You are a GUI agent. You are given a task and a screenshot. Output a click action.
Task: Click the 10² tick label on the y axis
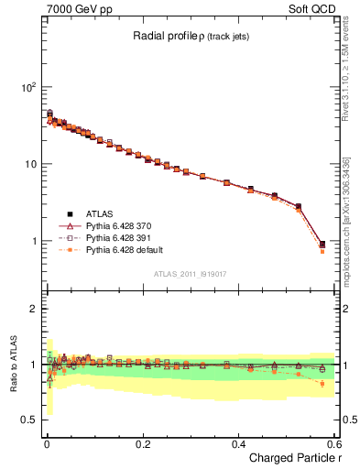[x=28, y=87]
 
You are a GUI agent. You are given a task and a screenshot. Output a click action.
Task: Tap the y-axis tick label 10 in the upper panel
[x=30, y=164]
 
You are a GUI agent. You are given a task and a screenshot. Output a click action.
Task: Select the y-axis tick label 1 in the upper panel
[x=33, y=242]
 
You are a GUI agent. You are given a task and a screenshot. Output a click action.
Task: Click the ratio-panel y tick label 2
[x=33, y=309]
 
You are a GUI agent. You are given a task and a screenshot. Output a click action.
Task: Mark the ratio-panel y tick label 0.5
[x=28, y=420]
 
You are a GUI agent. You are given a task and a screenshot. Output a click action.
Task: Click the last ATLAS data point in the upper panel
[x=322, y=244]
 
